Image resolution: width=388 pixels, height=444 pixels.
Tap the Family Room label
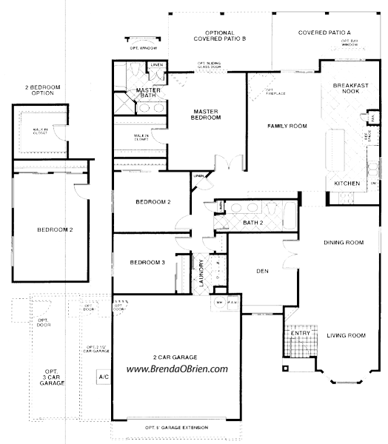[x=287, y=127]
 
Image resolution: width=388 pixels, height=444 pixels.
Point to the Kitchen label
[x=347, y=183]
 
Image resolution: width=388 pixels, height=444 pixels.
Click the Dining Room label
[x=344, y=242]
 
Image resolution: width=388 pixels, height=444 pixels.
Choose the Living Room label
[x=347, y=336]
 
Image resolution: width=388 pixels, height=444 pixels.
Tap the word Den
[x=261, y=271]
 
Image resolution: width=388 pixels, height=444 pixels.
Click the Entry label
[x=299, y=333]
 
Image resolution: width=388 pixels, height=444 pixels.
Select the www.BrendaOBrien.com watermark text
[x=178, y=368]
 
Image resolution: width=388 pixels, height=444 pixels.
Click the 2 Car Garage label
[x=178, y=357]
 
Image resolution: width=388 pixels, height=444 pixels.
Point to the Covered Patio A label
[x=325, y=33]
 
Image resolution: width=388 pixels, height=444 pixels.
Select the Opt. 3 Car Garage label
[x=52, y=377]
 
